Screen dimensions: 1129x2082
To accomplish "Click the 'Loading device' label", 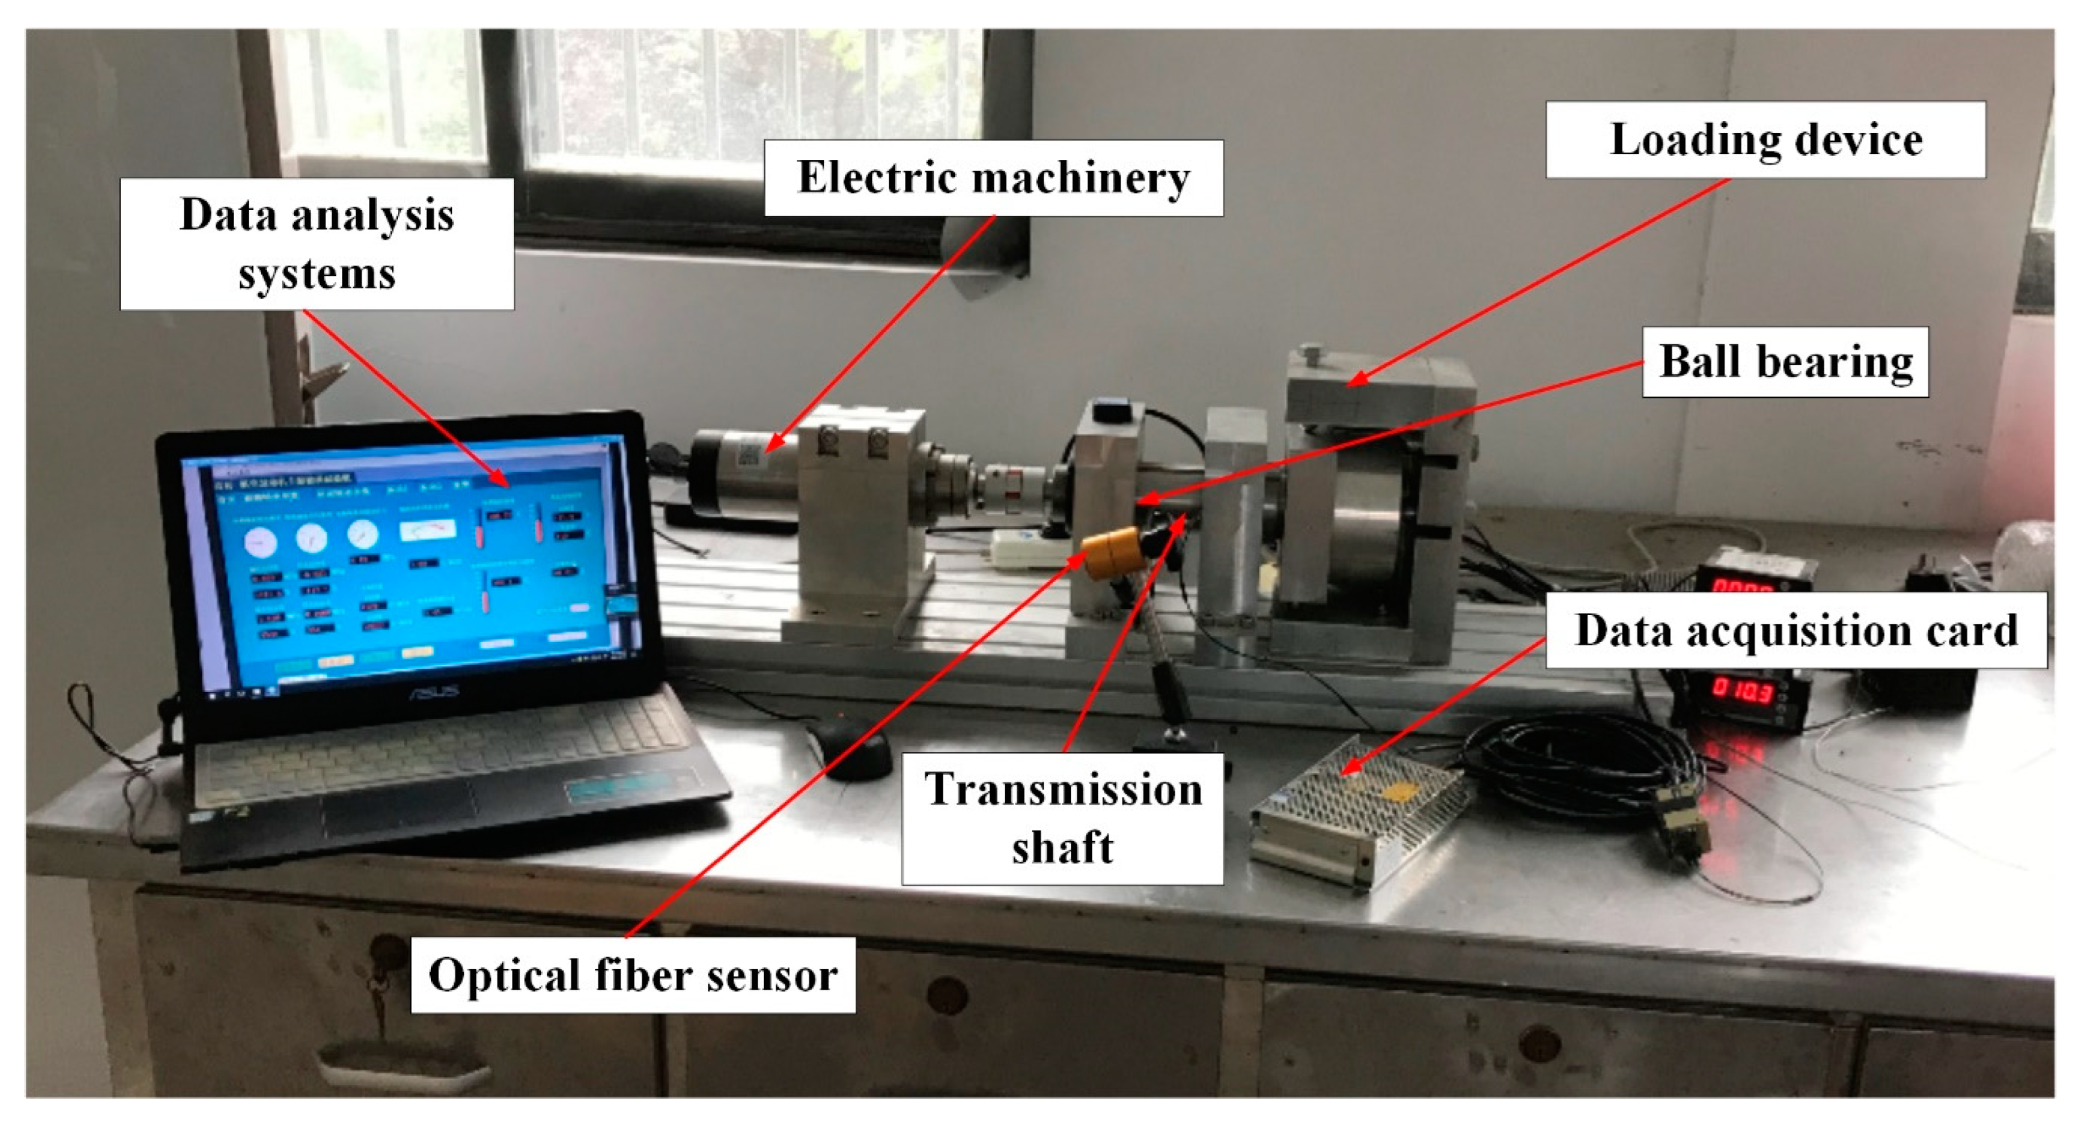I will [1765, 140].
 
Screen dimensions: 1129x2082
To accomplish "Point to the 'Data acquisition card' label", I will [1796, 630].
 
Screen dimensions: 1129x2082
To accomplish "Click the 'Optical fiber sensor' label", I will [633, 975].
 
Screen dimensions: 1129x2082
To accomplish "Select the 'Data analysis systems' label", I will [317, 244].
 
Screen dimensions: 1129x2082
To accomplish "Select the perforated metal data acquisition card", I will [1358, 808].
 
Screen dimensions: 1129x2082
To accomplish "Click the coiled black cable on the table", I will [1584, 759].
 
